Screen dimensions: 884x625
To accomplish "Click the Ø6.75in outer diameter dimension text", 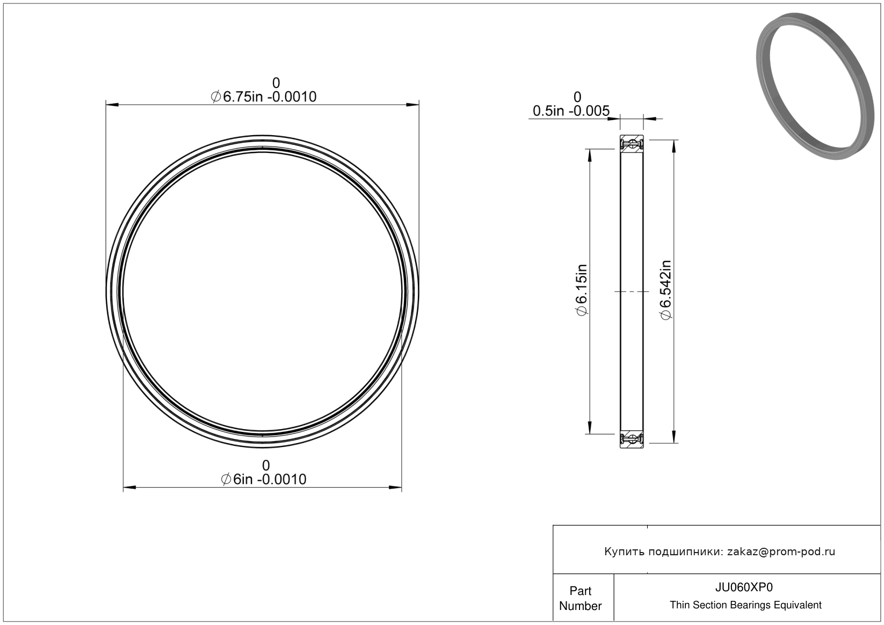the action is (x=264, y=97).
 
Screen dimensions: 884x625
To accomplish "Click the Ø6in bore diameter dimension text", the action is (x=264, y=480).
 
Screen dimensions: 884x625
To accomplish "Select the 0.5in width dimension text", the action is (x=571, y=111).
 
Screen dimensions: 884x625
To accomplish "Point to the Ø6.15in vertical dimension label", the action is (x=582, y=290).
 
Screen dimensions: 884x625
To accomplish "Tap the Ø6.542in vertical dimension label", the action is (x=665, y=290).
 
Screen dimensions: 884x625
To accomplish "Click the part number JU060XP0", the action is (x=744, y=587).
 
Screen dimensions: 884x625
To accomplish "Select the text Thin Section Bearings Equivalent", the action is (x=745, y=605).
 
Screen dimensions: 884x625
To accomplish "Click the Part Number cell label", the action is (x=581, y=598).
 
